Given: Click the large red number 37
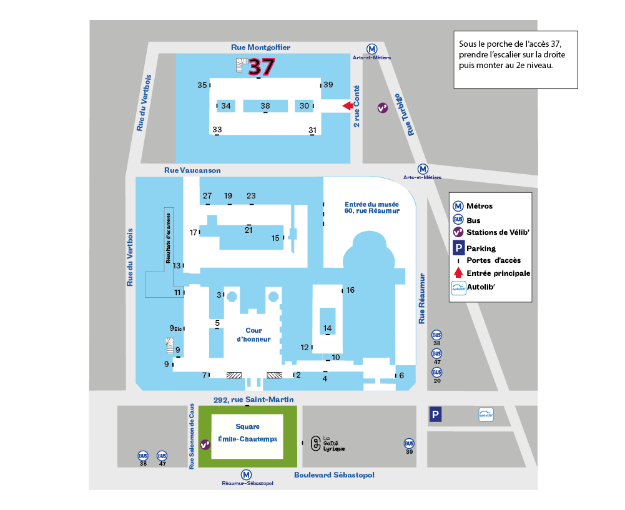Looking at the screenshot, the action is point(262,67).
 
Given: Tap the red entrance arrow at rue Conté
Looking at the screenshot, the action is point(348,105).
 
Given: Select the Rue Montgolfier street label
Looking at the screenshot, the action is point(261,47).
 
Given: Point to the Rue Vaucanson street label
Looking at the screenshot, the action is point(192,170).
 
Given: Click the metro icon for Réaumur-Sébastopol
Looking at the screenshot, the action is point(247,474).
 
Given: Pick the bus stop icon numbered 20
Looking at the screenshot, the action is point(437,372).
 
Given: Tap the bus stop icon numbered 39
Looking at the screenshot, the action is point(409,443).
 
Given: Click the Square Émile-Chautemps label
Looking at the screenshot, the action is point(247,433).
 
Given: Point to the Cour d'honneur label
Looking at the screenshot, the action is point(254,335).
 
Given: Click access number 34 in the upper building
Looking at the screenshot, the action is point(226,105).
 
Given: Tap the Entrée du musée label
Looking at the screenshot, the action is point(372,208).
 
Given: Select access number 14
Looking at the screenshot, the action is point(327,328).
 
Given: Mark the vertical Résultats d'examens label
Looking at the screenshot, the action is point(168,238).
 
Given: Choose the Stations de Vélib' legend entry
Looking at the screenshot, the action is point(491,232).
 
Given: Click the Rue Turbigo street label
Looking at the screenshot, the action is point(405,115).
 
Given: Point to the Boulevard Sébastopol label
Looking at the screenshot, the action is point(335,475).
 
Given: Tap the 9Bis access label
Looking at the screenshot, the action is point(175,328).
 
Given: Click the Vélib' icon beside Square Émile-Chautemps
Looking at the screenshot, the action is point(205,444).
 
